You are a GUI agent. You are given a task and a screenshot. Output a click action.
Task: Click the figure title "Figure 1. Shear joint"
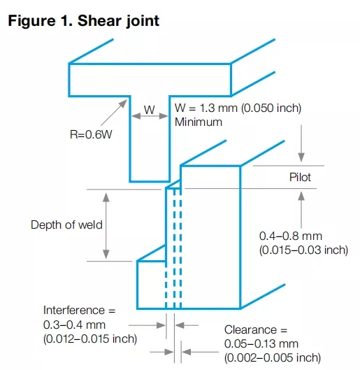(84, 21)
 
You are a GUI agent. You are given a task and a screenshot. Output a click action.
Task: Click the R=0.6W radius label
(91, 134)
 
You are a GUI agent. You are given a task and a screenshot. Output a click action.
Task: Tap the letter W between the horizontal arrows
(150, 110)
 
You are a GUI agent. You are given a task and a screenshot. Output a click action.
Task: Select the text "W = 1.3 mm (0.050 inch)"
(238, 108)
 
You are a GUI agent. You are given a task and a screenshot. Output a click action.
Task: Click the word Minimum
(199, 122)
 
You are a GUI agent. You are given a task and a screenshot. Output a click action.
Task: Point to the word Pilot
(300, 177)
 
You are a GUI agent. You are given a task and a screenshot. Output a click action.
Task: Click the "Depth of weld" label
(66, 225)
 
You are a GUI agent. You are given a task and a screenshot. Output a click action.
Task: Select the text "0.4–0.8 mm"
(291, 236)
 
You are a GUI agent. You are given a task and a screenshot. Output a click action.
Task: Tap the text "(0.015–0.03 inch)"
(303, 250)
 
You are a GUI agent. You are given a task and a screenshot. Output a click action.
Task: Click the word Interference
(74, 310)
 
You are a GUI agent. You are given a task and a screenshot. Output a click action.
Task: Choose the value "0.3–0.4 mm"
(74, 325)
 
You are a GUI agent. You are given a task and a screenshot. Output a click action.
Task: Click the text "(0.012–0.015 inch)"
(90, 339)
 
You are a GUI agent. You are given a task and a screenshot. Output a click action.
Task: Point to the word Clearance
(250, 329)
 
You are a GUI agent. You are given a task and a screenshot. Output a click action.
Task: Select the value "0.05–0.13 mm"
(261, 344)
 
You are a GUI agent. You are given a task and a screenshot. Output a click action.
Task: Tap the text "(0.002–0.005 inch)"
(273, 358)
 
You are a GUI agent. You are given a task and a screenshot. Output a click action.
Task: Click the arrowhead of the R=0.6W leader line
(123, 104)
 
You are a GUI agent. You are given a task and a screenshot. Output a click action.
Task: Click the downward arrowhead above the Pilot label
(301, 157)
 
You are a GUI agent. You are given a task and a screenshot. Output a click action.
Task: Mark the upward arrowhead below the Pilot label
(301, 196)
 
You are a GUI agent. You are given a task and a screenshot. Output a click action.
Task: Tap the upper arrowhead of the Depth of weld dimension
(106, 197)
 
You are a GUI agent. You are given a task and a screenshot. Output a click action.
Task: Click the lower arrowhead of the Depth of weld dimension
(106, 255)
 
